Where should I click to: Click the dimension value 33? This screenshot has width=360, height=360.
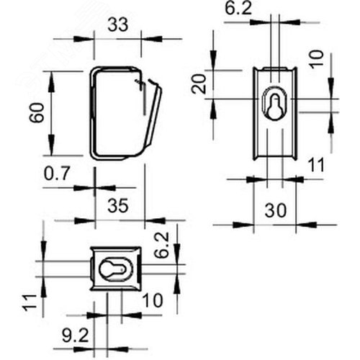pyautogui.click(x=118, y=25)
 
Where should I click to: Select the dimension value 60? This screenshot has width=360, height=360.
pyautogui.click(x=37, y=113)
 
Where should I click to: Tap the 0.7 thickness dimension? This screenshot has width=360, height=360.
pyautogui.click(x=57, y=174)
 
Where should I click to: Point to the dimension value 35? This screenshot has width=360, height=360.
pyautogui.click(x=118, y=206)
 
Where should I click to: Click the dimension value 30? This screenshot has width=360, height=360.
pyautogui.click(x=276, y=210)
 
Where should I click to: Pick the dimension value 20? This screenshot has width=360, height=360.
pyautogui.click(x=199, y=84)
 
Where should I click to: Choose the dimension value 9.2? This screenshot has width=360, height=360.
pyautogui.click(x=76, y=336)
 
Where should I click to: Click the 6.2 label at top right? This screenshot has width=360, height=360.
pyautogui.click(x=238, y=9)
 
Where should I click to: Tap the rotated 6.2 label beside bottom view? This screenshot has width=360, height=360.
pyautogui.click(x=162, y=245)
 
